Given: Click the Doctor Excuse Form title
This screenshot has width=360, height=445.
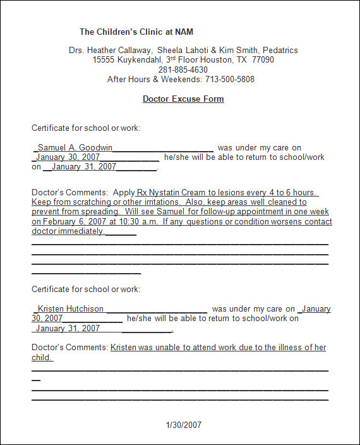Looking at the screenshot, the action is point(183,99).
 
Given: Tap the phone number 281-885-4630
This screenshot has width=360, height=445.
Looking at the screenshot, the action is point(183,70).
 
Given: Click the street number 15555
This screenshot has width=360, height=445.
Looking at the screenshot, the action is point(104,60).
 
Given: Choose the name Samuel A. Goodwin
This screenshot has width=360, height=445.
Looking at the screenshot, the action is point(75,148).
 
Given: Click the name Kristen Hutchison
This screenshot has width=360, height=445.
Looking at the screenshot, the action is point(70,309).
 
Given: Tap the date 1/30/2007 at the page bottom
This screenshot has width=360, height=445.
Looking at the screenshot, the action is point(183,425).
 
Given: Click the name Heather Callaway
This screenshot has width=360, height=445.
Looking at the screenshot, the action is point(121,50).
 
